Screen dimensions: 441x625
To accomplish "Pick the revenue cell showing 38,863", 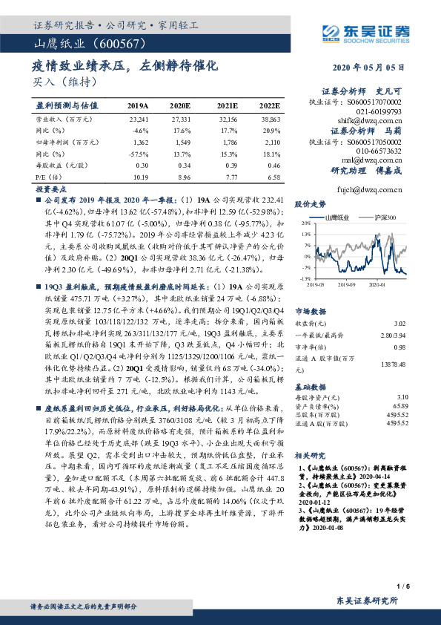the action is point(271,119).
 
